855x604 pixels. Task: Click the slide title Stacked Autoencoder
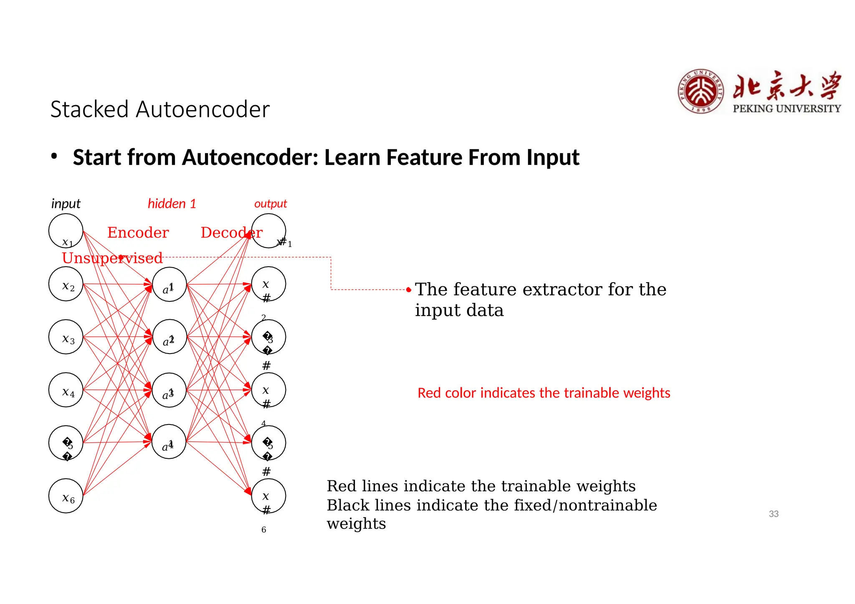tap(160, 109)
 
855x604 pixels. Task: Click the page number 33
tap(774, 514)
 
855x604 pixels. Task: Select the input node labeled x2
tap(66, 284)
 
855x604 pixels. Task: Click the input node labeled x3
tap(66, 337)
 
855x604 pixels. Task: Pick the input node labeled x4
tap(66, 390)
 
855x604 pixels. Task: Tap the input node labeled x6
tap(66, 496)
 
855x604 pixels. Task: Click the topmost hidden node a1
tap(169, 285)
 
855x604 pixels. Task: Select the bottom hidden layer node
tap(169, 442)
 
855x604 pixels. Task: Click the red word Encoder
tap(138, 233)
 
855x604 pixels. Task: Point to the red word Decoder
tap(231, 233)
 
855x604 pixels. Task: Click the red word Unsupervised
tap(112, 258)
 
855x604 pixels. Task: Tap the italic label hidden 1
tap(172, 204)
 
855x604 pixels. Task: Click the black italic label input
tap(66, 204)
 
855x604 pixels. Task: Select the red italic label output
tap(271, 204)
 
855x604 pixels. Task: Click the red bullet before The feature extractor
tap(409, 290)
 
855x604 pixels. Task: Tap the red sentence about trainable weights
tap(544, 393)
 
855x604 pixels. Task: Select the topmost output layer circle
tap(269, 231)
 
